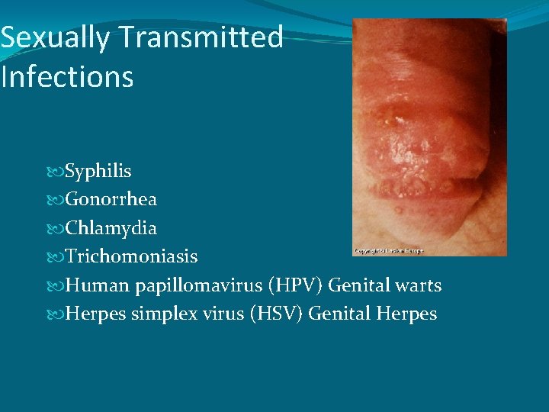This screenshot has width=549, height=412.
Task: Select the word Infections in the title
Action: pyautogui.click(x=67, y=76)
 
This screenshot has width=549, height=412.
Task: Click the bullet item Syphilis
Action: pyautogui.click(x=98, y=171)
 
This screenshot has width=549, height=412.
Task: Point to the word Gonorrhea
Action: pyautogui.click(x=111, y=199)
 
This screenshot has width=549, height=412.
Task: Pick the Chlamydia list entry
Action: pyautogui.click(x=111, y=228)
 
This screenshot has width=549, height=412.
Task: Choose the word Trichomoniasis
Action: pyautogui.click(x=131, y=256)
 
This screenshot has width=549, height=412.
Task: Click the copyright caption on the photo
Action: pyautogui.click(x=388, y=250)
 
